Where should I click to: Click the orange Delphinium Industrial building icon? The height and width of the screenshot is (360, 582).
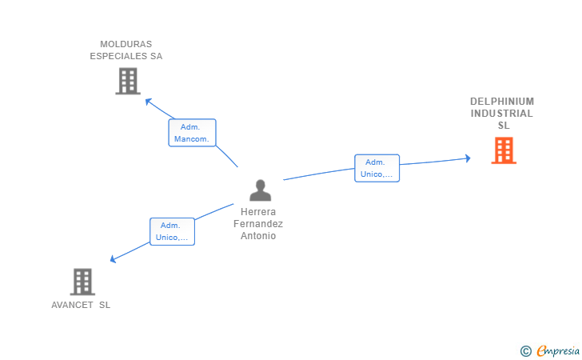click(x=503, y=150)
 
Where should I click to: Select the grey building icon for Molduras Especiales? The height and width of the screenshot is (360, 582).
click(x=128, y=81)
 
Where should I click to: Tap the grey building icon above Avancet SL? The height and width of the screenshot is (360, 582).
click(x=82, y=282)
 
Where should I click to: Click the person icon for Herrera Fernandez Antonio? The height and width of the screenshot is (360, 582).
click(x=260, y=190)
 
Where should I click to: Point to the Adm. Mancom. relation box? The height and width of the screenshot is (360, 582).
click(x=192, y=133)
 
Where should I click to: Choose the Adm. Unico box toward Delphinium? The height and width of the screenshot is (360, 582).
click(x=377, y=168)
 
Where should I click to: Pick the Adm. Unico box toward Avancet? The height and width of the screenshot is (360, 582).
click(x=172, y=231)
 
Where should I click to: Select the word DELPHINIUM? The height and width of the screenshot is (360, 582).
click(x=502, y=102)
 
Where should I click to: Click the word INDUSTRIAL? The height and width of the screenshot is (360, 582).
click(x=502, y=114)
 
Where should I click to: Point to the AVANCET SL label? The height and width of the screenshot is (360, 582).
click(x=81, y=305)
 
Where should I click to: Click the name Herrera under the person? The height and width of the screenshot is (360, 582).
click(x=258, y=213)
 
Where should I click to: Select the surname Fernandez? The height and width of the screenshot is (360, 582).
click(x=258, y=224)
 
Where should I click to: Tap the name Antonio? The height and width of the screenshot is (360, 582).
click(x=258, y=236)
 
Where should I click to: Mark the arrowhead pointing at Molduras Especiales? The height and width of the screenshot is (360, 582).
click(x=148, y=101)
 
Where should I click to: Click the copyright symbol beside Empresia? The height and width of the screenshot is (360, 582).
click(x=525, y=350)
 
